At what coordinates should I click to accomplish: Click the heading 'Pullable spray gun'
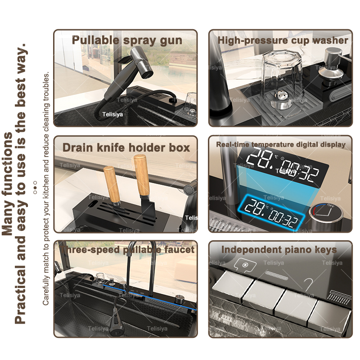tap(127, 40)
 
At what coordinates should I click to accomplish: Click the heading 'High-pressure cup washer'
tap(283, 40)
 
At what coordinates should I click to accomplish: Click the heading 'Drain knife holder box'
tap(126, 148)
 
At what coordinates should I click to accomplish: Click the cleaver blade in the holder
tap(148, 209)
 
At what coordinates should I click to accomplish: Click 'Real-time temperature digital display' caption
tap(281, 144)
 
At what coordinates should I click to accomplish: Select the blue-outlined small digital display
tap(272, 212)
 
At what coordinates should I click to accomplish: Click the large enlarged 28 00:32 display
tap(283, 165)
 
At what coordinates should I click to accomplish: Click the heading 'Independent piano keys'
tap(279, 250)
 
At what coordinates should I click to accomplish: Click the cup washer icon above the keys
tap(245, 265)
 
